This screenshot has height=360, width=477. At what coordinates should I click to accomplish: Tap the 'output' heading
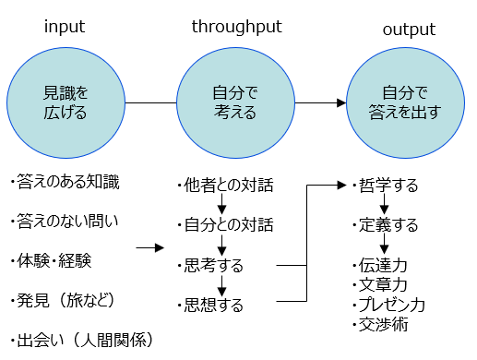(x=410, y=32)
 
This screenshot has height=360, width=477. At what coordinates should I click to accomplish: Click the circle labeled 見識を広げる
(x=66, y=102)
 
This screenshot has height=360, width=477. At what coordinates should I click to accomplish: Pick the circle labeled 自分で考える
(x=228, y=102)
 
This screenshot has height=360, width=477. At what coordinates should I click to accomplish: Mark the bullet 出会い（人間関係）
(x=79, y=339)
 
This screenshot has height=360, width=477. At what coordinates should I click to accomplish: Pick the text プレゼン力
(x=388, y=304)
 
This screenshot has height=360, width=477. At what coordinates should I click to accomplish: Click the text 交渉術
(x=379, y=324)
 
